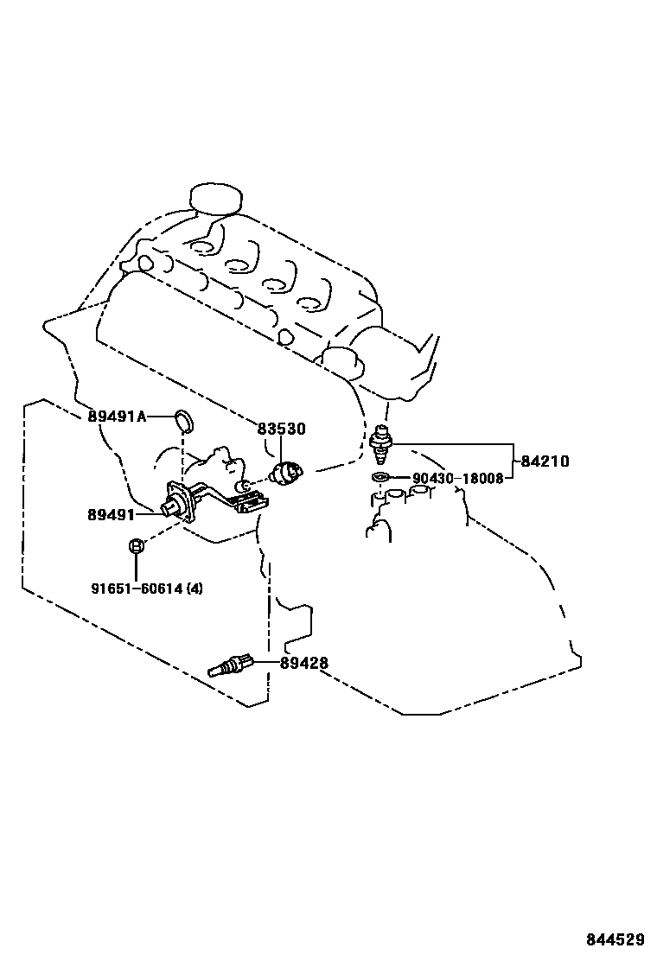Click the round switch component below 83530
click(x=286, y=472)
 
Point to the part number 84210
click(x=545, y=461)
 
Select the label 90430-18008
click(x=457, y=478)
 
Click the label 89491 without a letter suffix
click(x=110, y=514)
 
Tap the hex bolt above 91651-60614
click(x=135, y=546)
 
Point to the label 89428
click(x=303, y=664)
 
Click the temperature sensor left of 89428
click(x=231, y=666)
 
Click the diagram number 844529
click(x=616, y=939)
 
